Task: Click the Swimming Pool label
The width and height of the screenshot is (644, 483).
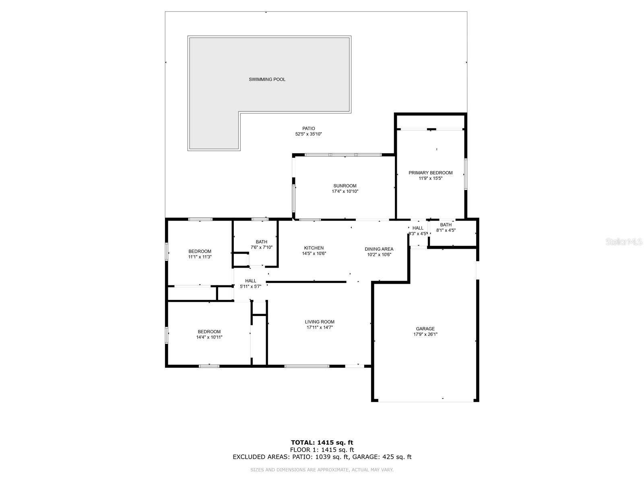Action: point(267,79)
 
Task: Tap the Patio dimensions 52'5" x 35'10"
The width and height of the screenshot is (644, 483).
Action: point(309,134)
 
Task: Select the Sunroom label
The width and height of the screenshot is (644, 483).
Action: point(345,186)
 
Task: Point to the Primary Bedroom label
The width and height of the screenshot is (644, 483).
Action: point(430,173)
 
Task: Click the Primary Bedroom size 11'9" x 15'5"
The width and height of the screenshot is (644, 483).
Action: point(430,178)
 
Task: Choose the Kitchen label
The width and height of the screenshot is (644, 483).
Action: point(314,248)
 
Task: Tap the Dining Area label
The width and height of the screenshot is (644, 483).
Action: point(379,249)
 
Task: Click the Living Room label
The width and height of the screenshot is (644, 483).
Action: point(320,322)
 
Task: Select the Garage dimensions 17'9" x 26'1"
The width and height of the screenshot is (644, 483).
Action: point(425,334)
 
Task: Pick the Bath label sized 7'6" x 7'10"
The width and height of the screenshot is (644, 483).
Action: point(261,242)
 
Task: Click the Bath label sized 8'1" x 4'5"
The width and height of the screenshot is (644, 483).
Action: point(446,225)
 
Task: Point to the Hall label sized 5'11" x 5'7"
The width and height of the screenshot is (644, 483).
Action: point(250,281)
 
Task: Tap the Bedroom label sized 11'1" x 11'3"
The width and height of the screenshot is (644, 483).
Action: point(200,251)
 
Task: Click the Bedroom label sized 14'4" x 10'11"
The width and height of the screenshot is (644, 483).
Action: point(209,332)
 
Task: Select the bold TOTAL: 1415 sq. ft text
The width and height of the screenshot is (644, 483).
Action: point(322,443)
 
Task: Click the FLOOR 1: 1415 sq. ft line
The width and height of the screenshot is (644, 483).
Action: point(322,450)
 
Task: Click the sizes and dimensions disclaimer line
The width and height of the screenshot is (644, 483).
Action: point(322,469)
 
